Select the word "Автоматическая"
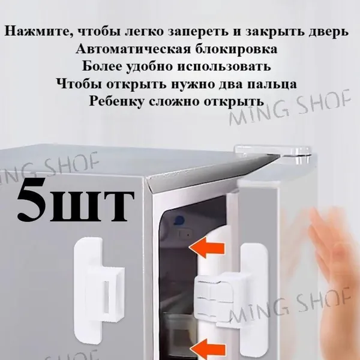click(x=133, y=49)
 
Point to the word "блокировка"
click(x=236, y=49)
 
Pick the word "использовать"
click(x=224, y=67)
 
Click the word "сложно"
click(x=175, y=101)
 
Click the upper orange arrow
click(x=206, y=247)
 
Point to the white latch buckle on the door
click(x=232, y=298)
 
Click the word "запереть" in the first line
click(x=199, y=32)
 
